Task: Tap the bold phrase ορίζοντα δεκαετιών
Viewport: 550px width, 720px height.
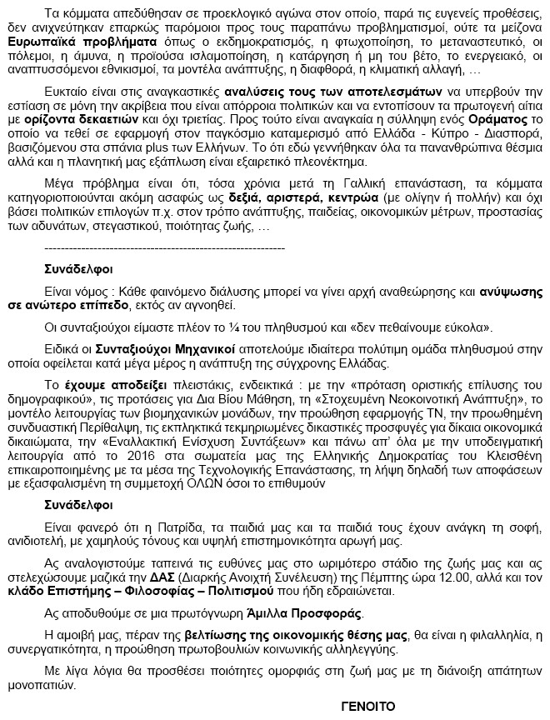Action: [x=103, y=120]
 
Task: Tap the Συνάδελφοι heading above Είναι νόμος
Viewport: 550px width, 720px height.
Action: [x=79, y=270]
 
